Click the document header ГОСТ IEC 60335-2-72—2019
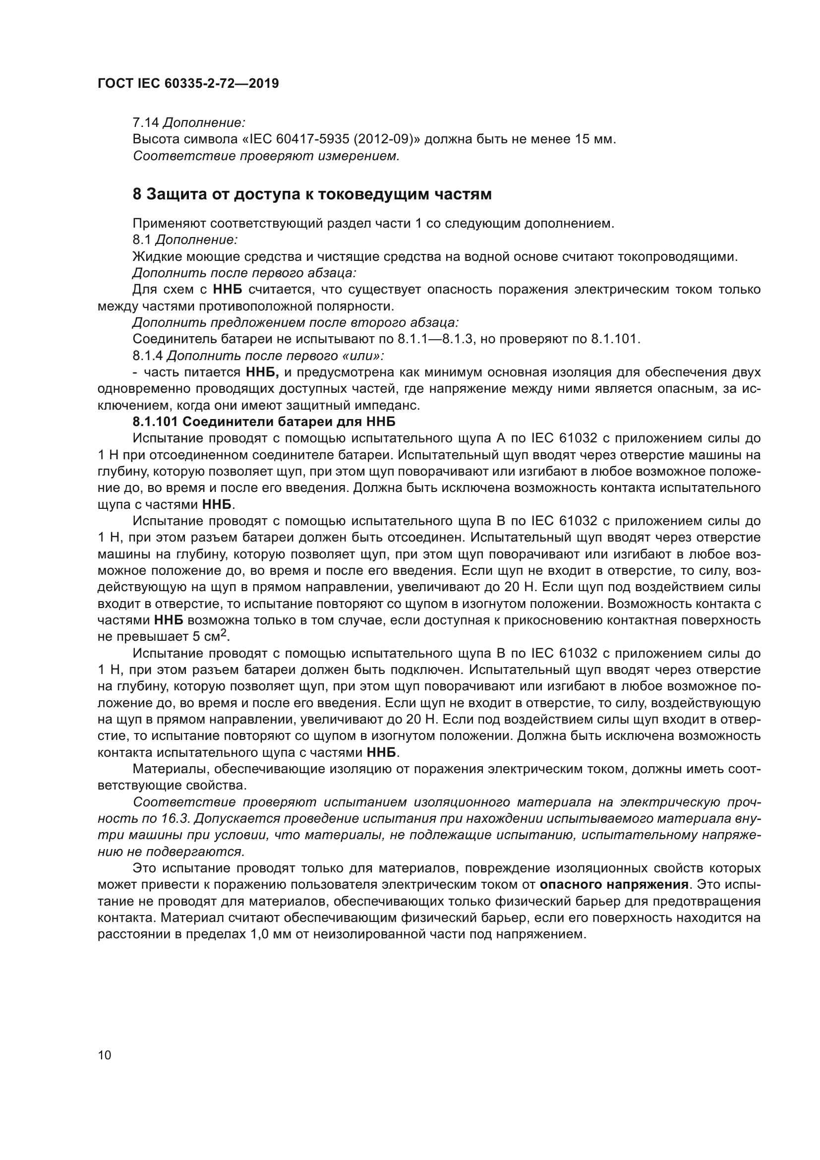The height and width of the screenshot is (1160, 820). point(188,84)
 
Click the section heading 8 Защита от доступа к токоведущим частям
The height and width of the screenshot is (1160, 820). point(311,194)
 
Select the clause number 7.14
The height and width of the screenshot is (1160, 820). point(145,123)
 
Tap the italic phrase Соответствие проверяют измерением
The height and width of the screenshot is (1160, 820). point(266,156)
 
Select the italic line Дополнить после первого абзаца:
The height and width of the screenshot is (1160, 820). point(244,273)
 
